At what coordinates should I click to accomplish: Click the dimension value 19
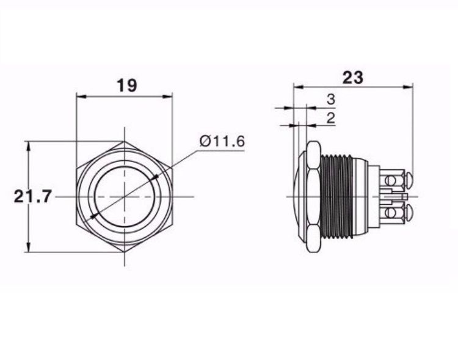tap(127, 86)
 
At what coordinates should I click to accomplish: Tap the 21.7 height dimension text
tap(33, 196)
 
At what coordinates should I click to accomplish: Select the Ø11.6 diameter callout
tap(222, 142)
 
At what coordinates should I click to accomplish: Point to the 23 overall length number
tap(352, 78)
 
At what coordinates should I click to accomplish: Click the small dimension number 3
tap(330, 100)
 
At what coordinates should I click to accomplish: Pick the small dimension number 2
tap(330, 118)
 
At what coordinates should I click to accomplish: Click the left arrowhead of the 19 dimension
tap(81, 97)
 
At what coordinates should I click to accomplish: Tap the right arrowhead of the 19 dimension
tap(167, 97)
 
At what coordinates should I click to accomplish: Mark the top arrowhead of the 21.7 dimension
tap(28, 145)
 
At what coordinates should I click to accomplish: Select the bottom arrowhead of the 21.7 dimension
tap(28, 247)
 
